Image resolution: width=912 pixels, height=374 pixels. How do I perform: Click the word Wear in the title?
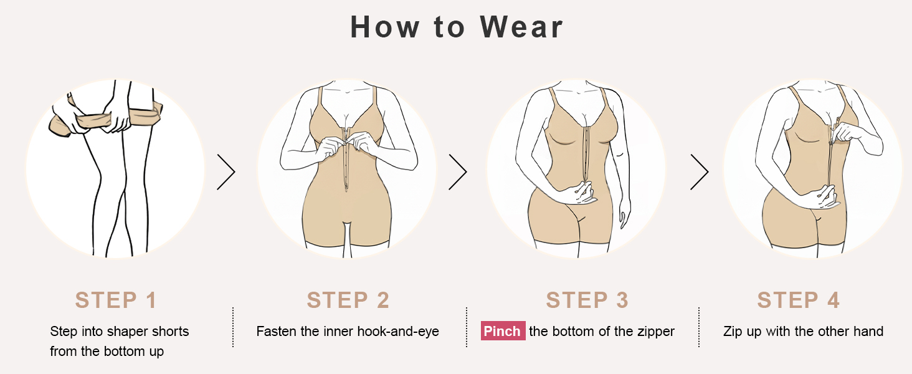point(521,27)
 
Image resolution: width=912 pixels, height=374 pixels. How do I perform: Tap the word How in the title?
point(385,27)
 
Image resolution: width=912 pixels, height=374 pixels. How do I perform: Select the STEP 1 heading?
point(116,300)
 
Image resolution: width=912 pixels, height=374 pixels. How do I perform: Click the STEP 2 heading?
point(348,300)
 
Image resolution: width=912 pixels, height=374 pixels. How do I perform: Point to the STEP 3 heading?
point(587,300)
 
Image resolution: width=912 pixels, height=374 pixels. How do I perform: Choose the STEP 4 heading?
point(799,300)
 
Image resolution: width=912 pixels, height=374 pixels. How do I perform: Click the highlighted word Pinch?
point(503,331)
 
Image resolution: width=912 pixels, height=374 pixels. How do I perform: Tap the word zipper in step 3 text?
point(656,332)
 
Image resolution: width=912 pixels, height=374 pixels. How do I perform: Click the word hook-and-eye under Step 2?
point(398,331)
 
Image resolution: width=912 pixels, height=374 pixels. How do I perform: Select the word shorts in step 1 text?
point(170,331)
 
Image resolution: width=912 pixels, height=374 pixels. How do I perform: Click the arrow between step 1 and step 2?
point(226,172)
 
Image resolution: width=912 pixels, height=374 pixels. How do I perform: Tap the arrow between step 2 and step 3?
point(458,172)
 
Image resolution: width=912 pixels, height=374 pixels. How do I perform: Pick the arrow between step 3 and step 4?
point(700,172)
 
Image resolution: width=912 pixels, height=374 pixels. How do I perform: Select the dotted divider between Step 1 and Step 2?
point(233,327)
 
